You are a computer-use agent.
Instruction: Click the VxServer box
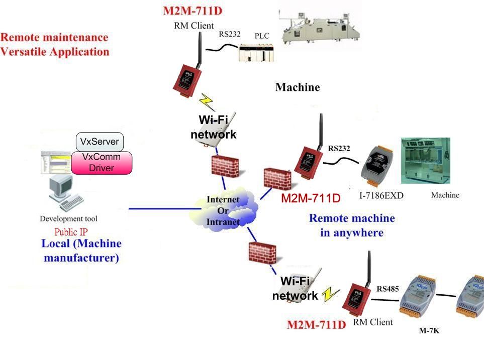(x=100, y=142)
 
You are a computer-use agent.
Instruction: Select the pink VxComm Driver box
(x=102, y=163)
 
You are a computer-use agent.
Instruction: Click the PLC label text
(x=262, y=36)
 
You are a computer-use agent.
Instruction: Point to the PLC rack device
(x=256, y=53)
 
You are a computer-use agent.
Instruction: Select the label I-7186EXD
(x=381, y=196)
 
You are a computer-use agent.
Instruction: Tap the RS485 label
(x=388, y=289)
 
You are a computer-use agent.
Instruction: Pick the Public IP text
(x=71, y=232)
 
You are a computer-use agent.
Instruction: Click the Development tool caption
(x=68, y=219)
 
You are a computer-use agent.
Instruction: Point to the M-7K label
(x=429, y=331)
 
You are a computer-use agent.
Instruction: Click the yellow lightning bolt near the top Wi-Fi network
(x=207, y=101)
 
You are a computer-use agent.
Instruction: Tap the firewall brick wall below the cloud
(x=262, y=253)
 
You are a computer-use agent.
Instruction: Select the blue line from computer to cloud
(x=165, y=209)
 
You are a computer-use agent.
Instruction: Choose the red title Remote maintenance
(x=54, y=37)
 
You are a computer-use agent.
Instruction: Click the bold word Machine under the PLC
(x=298, y=87)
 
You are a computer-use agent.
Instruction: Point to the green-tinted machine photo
(x=426, y=161)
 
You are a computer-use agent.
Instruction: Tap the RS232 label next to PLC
(x=230, y=34)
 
